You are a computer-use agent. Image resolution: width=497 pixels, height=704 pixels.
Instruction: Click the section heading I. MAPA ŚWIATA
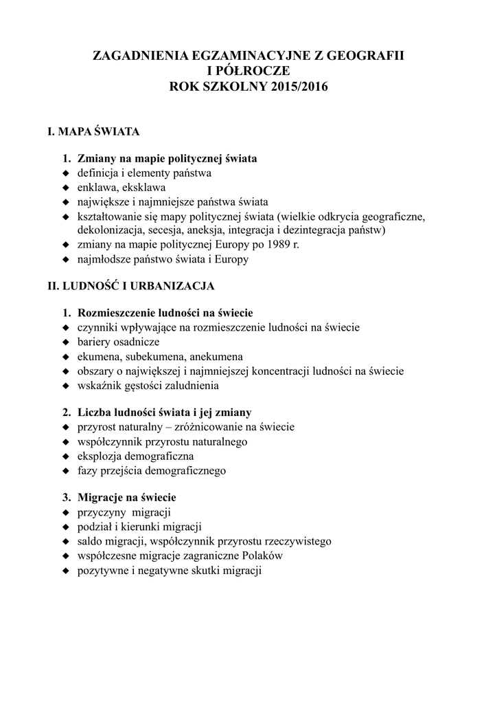click(93, 131)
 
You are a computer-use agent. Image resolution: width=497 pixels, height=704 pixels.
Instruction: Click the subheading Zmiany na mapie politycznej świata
click(167, 159)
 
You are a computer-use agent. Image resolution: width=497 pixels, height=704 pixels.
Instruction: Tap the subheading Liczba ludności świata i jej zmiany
click(164, 412)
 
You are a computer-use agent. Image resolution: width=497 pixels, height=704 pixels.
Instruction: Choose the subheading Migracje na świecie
click(127, 498)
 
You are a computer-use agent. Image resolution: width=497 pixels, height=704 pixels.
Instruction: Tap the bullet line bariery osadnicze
click(118, 342)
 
